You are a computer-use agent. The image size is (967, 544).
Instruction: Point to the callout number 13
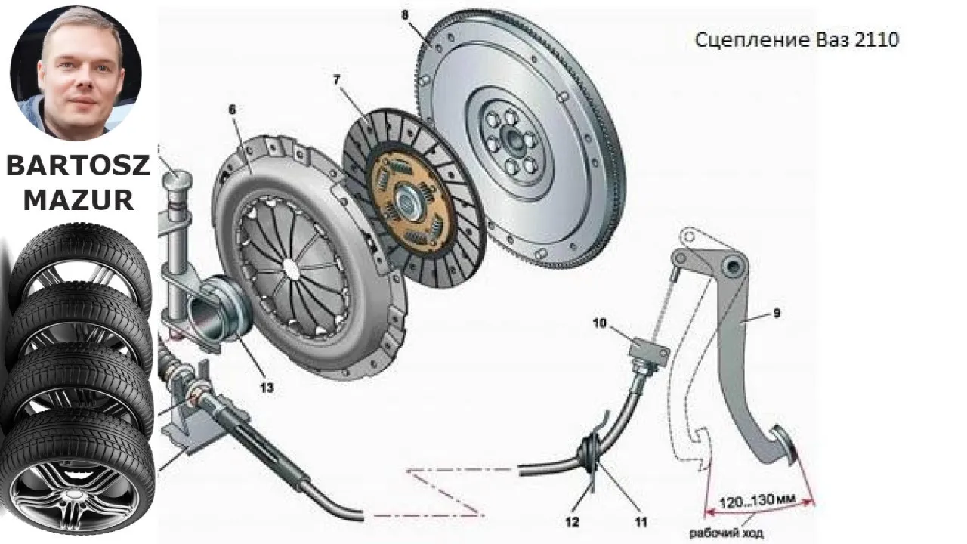tap(266, 388)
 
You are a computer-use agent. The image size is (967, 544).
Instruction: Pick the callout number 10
tap(599, 324)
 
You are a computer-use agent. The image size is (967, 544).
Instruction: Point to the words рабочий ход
tap(725, 533)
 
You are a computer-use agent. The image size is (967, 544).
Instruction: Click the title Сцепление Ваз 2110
tap(796, 40)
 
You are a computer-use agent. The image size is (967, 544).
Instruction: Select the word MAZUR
tap(78, 199)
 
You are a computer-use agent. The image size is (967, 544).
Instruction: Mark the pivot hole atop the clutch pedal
tap(731, 267)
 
